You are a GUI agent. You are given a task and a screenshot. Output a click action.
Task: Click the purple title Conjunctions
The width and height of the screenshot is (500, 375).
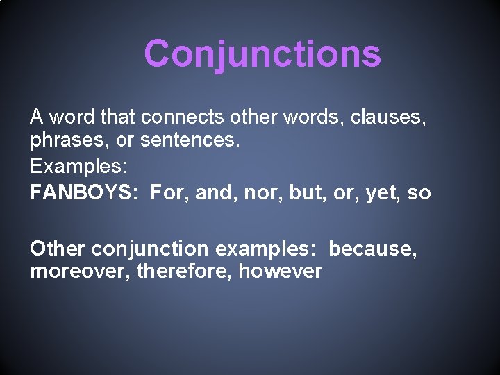[x=262, y=53]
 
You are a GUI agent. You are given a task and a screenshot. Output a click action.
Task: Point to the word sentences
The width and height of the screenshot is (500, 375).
[x=190, y=142]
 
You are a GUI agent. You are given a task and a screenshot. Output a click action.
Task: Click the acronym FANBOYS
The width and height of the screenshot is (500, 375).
[x=82, y=192]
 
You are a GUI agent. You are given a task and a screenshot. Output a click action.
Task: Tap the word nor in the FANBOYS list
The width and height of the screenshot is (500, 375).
[x=258, y=192]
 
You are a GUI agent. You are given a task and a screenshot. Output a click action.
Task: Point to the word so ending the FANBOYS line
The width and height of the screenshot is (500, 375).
[x=419, y=192]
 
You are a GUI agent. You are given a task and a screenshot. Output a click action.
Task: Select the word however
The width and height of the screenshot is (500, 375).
[x=280, y=271]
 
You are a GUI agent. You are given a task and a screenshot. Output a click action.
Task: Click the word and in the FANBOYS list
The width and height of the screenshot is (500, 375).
[x=215, y=192]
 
